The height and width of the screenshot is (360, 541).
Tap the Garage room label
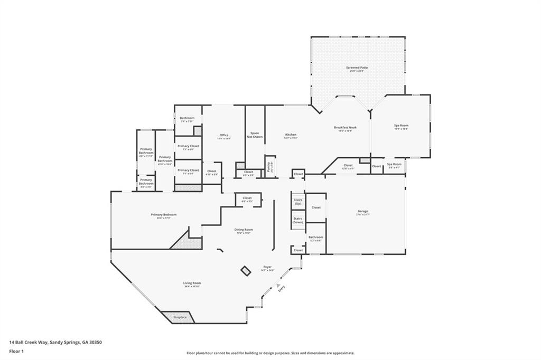click(x=362, y=212)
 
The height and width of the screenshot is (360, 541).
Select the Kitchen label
click(x=291, y=136)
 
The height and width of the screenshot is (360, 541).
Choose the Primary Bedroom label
click(x=163, y=215)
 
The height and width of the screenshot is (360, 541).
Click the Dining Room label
click(x=244, y=230)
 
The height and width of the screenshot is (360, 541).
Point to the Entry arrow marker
click(x=278, y=285)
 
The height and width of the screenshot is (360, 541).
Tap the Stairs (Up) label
click(x=298, y=202)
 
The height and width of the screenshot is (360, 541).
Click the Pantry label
click(x=269, y=167)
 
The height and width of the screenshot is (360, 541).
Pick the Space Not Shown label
click(x=255, y=135)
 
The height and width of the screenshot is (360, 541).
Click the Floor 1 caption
click(x=17, y=350)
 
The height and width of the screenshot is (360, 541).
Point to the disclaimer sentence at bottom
click(x=270, y=353)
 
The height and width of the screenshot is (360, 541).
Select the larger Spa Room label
click(x=401, y=127)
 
